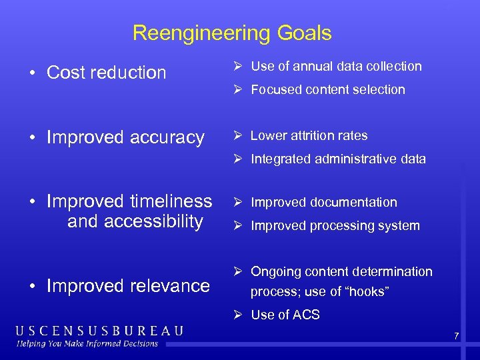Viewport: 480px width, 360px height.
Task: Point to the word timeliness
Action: [x=167, y=201]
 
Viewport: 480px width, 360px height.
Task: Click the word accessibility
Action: [x=135, y=221]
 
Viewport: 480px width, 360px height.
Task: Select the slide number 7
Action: [x=456, y=336]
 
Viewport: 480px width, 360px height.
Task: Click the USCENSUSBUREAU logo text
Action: [x=99, y=331]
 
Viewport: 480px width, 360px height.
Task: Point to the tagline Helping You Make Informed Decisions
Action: [x=87, y=344]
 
